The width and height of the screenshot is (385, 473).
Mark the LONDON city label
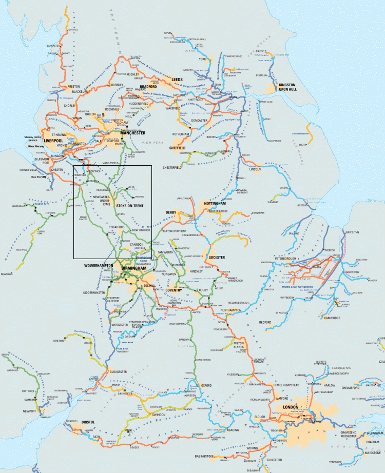coord(290,408)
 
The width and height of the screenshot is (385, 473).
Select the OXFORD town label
coord(206,385)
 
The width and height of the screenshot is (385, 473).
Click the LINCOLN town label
coord(255,169)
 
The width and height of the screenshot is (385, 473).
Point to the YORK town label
coord(202,59)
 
